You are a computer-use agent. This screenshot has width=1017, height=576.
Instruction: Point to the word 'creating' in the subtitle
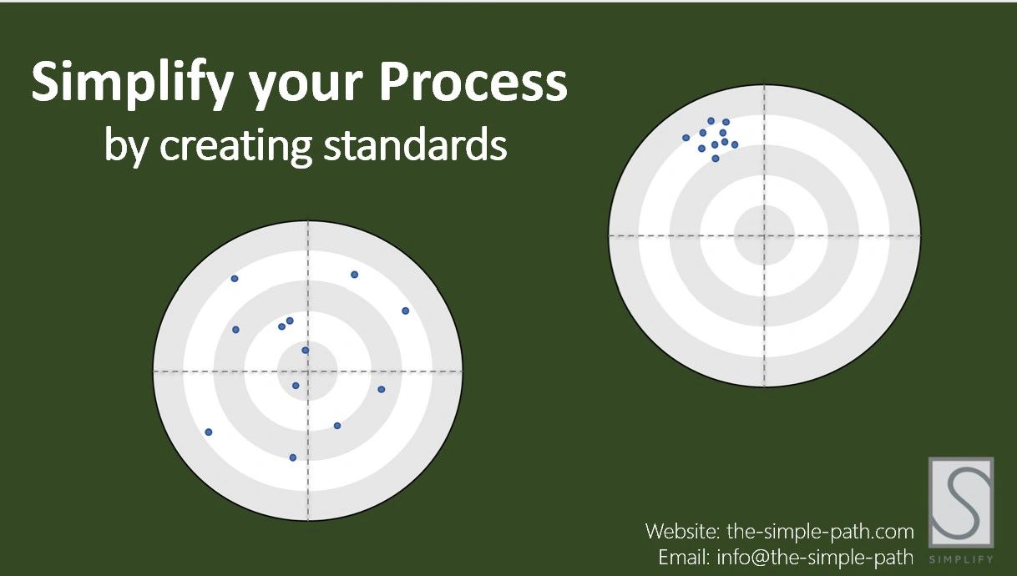235,146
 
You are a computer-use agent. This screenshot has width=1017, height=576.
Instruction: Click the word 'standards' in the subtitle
415,144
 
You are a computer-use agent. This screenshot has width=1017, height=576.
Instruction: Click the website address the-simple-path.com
820,532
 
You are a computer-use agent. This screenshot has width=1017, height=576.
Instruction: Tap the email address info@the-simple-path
815,558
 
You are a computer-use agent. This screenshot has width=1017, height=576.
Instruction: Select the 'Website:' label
682,531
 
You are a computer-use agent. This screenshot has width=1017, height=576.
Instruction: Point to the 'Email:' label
684,557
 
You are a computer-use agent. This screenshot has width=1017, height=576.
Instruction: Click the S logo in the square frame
961,502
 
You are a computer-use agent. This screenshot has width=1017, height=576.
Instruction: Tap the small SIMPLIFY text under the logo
961,559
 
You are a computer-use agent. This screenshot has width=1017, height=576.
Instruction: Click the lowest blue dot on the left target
293,457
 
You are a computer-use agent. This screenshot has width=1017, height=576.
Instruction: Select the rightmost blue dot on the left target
406,311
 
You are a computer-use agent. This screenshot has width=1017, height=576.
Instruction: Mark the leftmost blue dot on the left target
209,432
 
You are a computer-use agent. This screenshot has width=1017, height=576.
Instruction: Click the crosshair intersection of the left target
308,371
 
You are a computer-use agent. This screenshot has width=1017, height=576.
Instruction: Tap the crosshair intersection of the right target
765,235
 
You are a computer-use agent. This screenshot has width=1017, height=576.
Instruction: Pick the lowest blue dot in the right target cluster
716,159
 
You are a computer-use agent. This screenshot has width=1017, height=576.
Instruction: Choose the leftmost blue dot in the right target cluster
686,138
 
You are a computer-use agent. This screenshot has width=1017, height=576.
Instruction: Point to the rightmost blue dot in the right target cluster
735,144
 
